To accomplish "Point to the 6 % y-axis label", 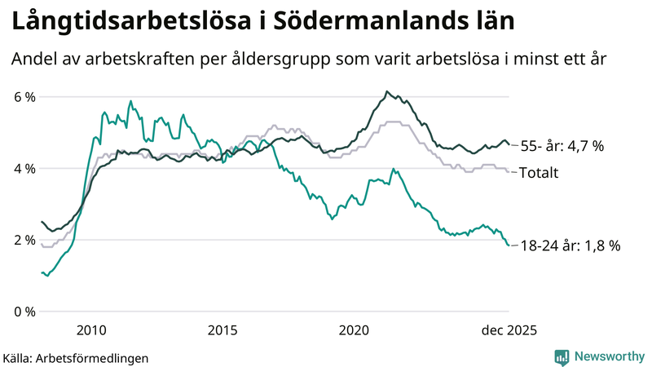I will click(x=24, y=97).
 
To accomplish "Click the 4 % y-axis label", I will click(x=24, y=169).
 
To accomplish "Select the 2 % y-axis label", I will click(x=24, y=240).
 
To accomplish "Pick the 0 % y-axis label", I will click(x=24, y=312).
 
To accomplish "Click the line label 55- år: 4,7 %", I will click(x=562, y=147).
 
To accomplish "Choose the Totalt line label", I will click(x=540, y=172).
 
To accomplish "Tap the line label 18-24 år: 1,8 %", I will click(x=570, y=245).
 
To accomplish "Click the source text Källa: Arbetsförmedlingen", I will click(x=76, y=358).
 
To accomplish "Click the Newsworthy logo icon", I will click(x=562, y=356).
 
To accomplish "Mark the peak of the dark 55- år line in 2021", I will click(x=387, y=91).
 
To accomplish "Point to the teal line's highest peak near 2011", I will click(x=130, y=101).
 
